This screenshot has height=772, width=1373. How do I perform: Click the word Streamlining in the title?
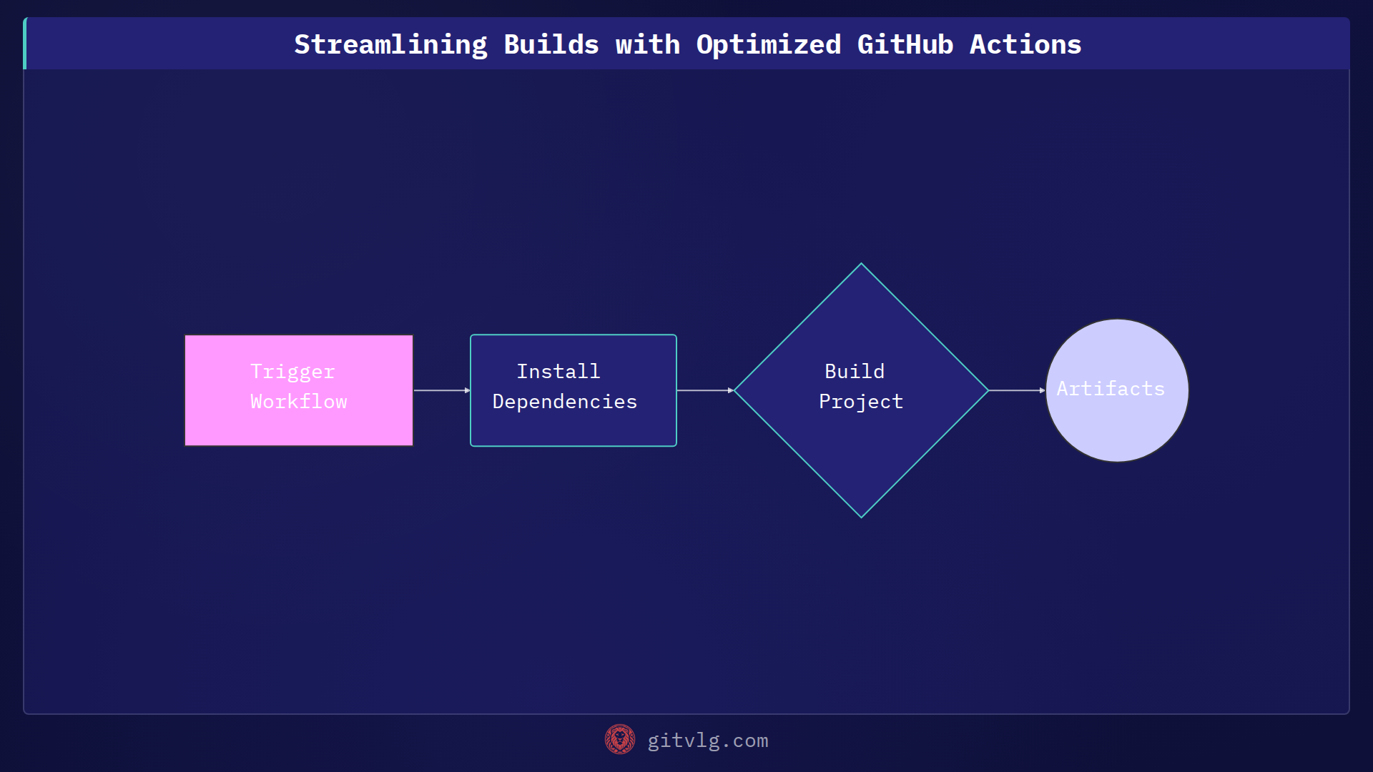(390, 44)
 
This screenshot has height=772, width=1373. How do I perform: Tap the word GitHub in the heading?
(905, 44)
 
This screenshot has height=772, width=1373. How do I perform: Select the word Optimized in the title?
(768, 44)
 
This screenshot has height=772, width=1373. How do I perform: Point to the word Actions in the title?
(1025, 44)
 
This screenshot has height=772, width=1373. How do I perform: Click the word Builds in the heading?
(551, 44)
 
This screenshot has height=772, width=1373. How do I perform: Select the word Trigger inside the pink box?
(292, 372)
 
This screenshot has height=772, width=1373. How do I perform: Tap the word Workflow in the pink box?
(299, 402)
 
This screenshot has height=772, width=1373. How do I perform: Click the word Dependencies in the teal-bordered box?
(564, 402)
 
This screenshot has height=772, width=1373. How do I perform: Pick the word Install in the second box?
(558, 372)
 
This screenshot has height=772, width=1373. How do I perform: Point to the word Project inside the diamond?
(861, 402)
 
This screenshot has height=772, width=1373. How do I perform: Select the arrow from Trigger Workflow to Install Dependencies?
(441, 390)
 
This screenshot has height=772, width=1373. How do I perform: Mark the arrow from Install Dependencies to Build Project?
(704, 390)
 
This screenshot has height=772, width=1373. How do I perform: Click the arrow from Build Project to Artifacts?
(1016, 390)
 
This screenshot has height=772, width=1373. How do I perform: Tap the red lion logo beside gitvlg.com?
(619, 740)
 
